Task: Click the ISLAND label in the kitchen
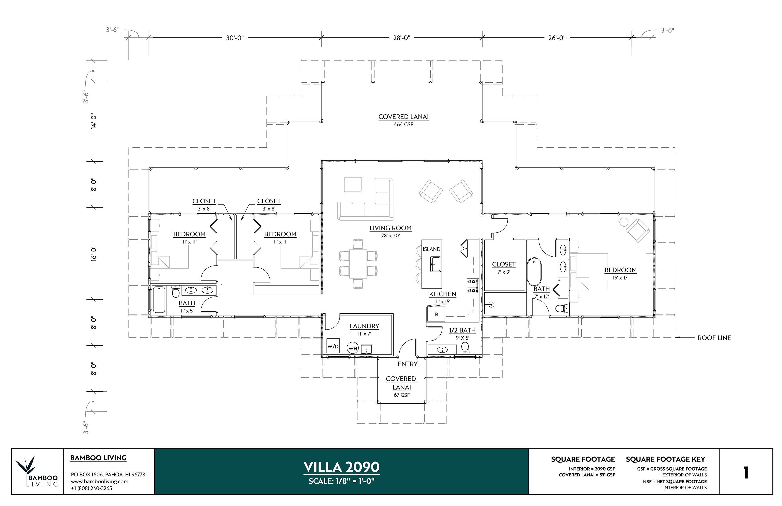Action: (431, 249)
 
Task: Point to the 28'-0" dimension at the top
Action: (402, 38)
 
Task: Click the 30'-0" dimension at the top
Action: (235, 38)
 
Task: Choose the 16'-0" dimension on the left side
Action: (94, 253)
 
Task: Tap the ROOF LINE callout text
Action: (714, 338)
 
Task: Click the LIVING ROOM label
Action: (390, 228)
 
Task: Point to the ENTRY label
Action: (407, 364)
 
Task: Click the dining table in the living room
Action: (358, 264)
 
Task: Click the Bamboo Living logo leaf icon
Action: (27, 465)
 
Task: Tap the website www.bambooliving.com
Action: (99, 481)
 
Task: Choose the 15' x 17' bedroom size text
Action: (620, 278)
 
